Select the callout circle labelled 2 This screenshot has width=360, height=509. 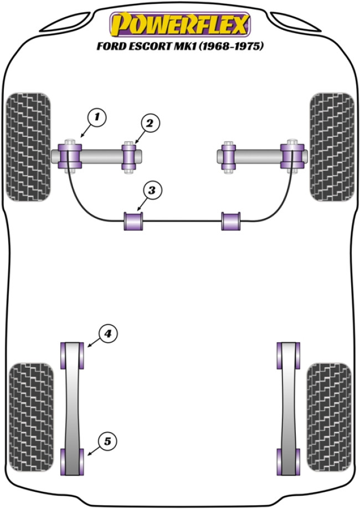[150, 124]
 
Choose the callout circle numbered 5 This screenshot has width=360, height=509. [107, 441]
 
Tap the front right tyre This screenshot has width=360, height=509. [332, 146]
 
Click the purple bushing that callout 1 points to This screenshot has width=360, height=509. [70, 156]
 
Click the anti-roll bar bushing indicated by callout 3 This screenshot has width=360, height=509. [133, 221]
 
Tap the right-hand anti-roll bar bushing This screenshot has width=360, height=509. [231, 221]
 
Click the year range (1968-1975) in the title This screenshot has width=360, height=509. [233, 47]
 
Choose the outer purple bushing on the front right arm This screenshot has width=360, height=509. [292, 156]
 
